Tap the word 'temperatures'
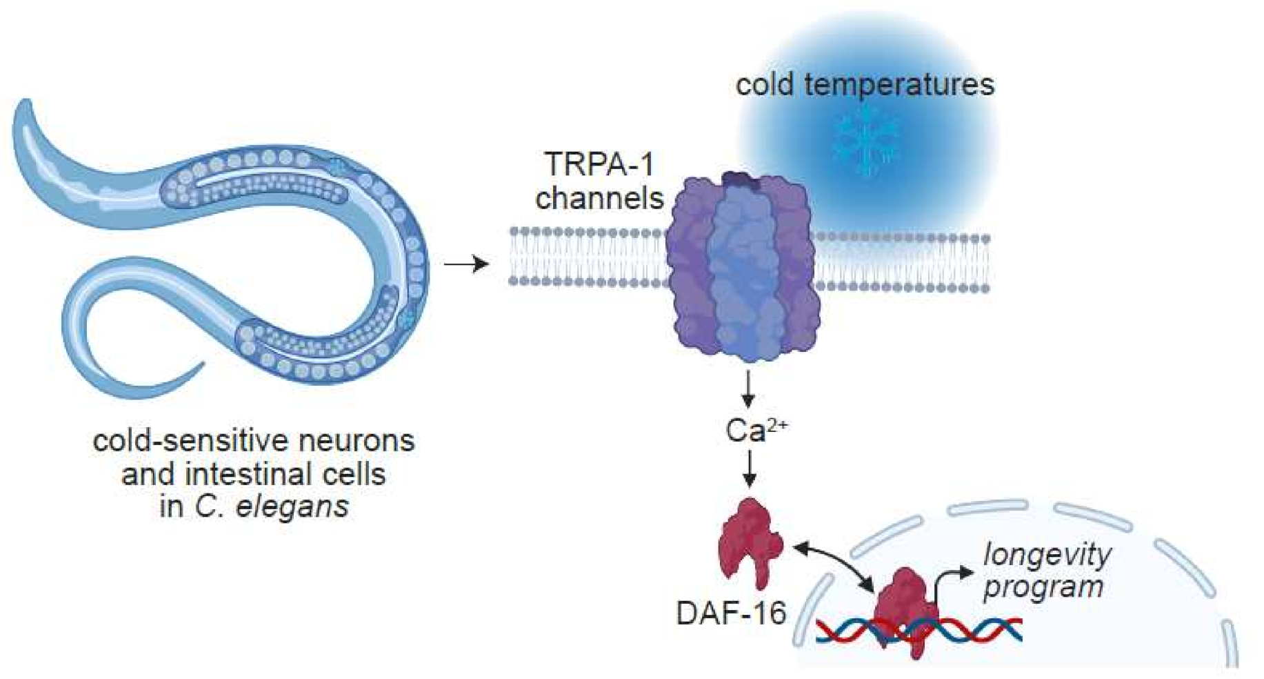899,85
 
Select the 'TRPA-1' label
599,164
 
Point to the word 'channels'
599,198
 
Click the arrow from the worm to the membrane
466,264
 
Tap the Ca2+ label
756,430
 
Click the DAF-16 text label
731,613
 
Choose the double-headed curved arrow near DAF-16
834,565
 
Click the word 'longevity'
1047,554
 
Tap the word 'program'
1043,587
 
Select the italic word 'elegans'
292,506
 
